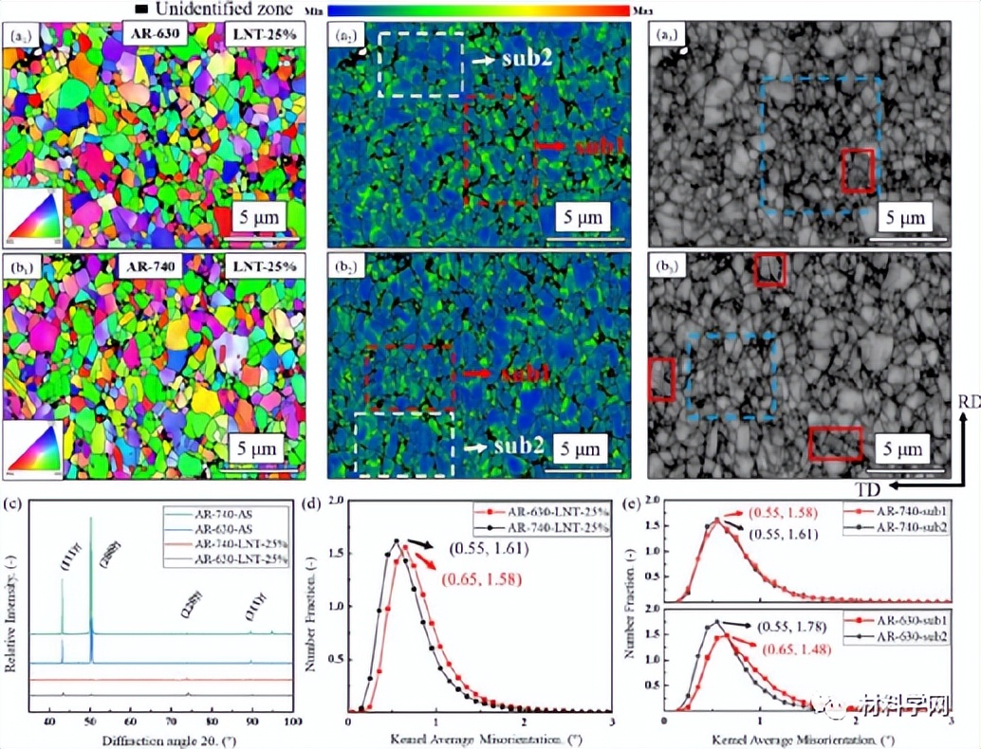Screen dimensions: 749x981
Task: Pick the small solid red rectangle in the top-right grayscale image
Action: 857,170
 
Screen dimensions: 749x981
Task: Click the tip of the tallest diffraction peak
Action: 91,518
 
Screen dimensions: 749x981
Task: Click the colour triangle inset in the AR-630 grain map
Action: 33,216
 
